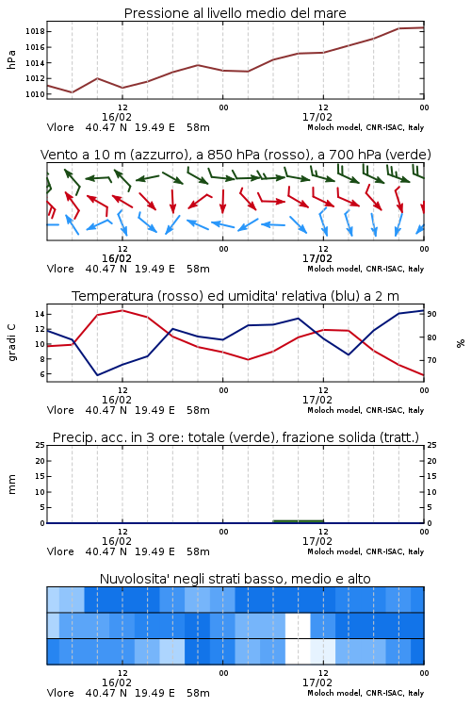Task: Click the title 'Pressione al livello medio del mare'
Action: click(x=235, y=13)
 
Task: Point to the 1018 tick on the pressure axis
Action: click(x=35, y=31)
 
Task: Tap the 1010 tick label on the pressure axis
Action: click(x=35, y=94)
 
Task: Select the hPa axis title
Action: click(x=11, y=59)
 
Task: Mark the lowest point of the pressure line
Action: click(x=73, y=92)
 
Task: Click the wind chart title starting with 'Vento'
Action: click(x=235, y=155)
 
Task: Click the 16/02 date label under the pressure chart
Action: click(x=117, y=117)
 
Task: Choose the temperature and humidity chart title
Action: click(x=235, y=296)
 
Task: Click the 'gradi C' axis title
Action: click(x=11, y=343)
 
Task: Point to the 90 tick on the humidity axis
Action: click(x=431, y=314)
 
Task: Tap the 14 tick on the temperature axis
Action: click(x=40, y=314)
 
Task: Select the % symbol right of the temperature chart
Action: click(x=461, y=343)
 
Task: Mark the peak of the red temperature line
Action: click(x=122, y=310)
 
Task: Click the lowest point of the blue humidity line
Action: click(x=97, y=375)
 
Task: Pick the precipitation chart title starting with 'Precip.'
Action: click(x=235, y=437)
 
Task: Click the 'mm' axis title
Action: click(x=11, y=485)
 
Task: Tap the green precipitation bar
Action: click(x=299, y=521)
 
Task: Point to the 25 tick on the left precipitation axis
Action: click(x=41, y=445)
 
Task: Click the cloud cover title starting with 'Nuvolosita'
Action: click(x=235, y=579)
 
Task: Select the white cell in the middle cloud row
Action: click(x=298, y=625)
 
